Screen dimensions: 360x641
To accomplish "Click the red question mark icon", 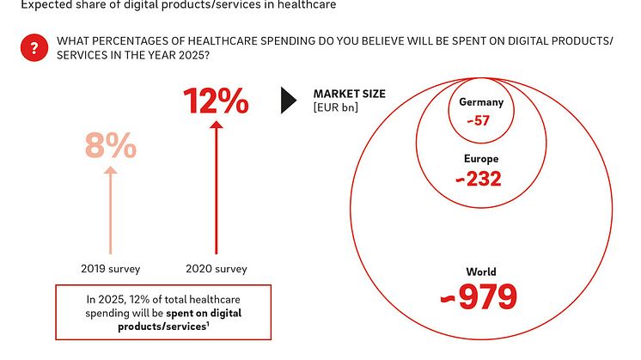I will click(x=34, y=49).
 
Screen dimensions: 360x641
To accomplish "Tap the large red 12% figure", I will click(x=217, y=102).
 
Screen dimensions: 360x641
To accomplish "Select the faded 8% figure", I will click(x=110, y=147).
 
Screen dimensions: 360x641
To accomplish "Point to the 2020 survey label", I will click(x=217, y=269).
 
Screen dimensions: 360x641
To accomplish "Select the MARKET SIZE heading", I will click(x=349, y=94).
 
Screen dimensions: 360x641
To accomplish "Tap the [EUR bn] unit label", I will click(x=336, y=107).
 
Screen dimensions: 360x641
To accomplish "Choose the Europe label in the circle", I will click(x=480, y=159).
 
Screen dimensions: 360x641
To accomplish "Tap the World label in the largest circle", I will click(x=479, y=272).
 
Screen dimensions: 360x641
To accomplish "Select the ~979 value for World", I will click(x=479, y=296).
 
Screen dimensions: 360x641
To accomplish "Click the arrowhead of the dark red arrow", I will click(x=217, y=127).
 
